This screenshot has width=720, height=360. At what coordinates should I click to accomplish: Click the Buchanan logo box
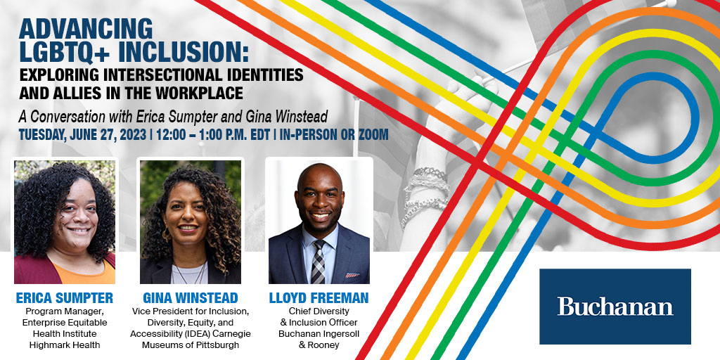(615, 307)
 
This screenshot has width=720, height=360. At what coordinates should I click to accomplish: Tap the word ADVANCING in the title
(85, 29)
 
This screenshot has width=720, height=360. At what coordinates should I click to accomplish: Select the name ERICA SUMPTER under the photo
(64, 298)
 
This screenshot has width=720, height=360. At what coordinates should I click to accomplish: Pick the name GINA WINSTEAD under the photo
(190, 298)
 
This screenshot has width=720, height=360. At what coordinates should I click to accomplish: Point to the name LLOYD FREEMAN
(319, 298)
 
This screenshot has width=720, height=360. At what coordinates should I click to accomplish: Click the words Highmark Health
(64, 345)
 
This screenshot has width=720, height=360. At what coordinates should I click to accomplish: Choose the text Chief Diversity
(319, 311)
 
